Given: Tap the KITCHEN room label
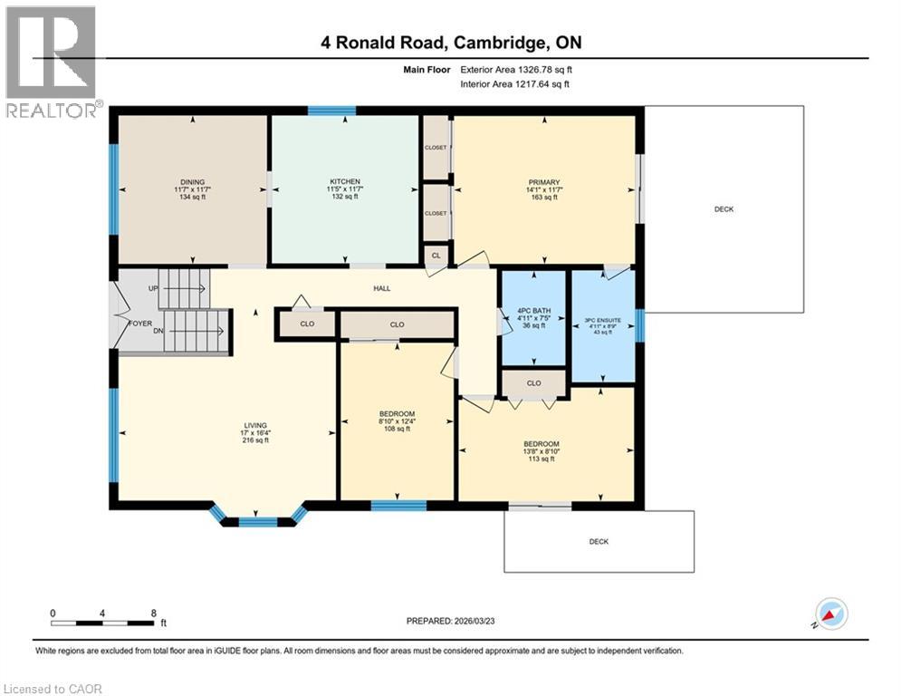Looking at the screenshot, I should tap(345, 181).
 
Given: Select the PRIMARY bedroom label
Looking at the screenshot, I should tap(544, 181).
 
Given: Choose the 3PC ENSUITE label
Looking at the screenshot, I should tap(603, 320).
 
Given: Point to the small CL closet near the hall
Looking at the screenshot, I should tap(436, 256).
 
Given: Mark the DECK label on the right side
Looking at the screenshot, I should tap(724, 209).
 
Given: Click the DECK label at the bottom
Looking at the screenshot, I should tap(599, 542).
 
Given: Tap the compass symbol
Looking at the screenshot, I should tap(831, 614).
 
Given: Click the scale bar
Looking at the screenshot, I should tap(102, 623).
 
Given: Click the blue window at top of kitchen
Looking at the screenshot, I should tap(331, 111).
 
